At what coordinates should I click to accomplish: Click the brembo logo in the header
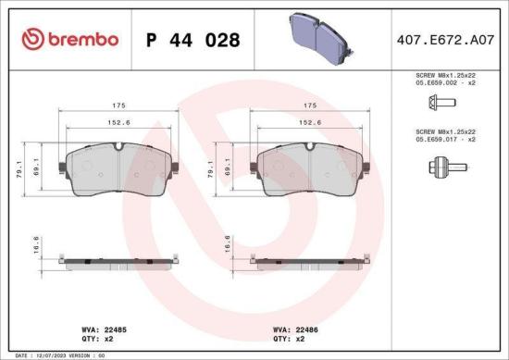pos(70,39)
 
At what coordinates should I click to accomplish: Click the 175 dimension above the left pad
pos(119,106)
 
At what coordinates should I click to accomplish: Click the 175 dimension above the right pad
pos(311,106)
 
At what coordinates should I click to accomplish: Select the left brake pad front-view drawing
pos(118,171)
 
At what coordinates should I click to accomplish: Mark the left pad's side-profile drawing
pos(118,258)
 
